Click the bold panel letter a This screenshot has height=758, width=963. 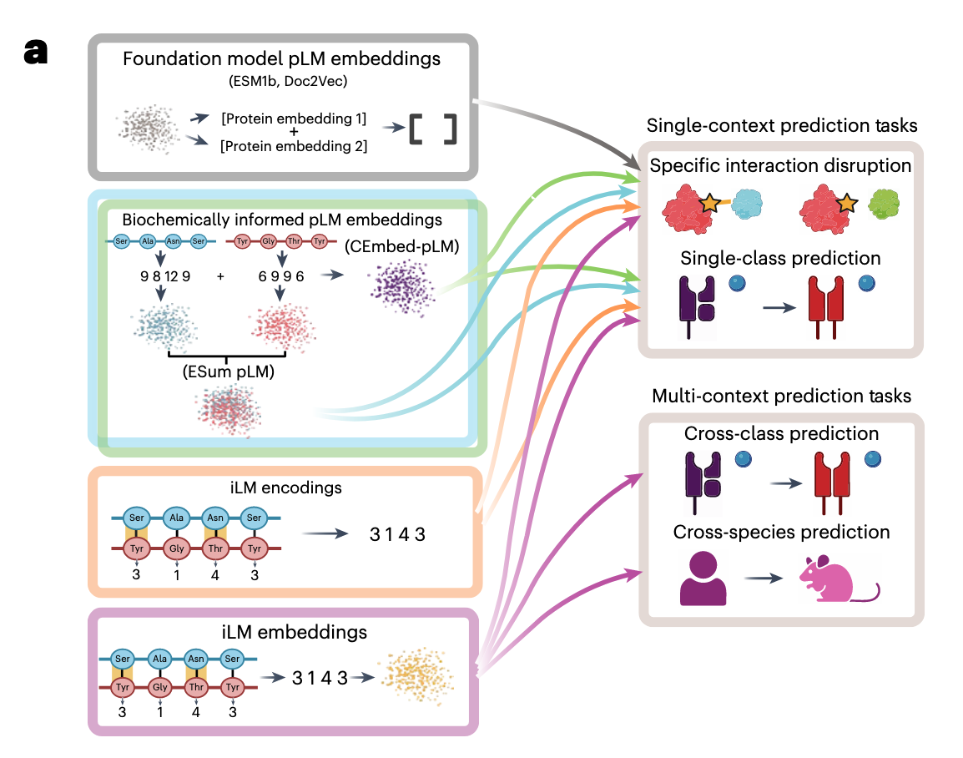click(x=35, y=53)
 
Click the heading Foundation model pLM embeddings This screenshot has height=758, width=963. click(x=281, y=59)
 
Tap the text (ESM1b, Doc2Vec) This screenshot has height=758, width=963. click(x=281, y=81)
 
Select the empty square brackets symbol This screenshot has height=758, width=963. click(x=432, y=129)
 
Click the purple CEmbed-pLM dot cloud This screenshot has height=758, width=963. click(x=401, y=283)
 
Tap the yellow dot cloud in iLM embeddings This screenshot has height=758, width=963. click(x=409, y=677)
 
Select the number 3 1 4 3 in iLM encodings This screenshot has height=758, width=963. click(x=396, y=534)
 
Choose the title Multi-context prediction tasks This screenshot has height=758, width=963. click(x=781, y=395)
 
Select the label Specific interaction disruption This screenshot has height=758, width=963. click(x=781, y=166)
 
